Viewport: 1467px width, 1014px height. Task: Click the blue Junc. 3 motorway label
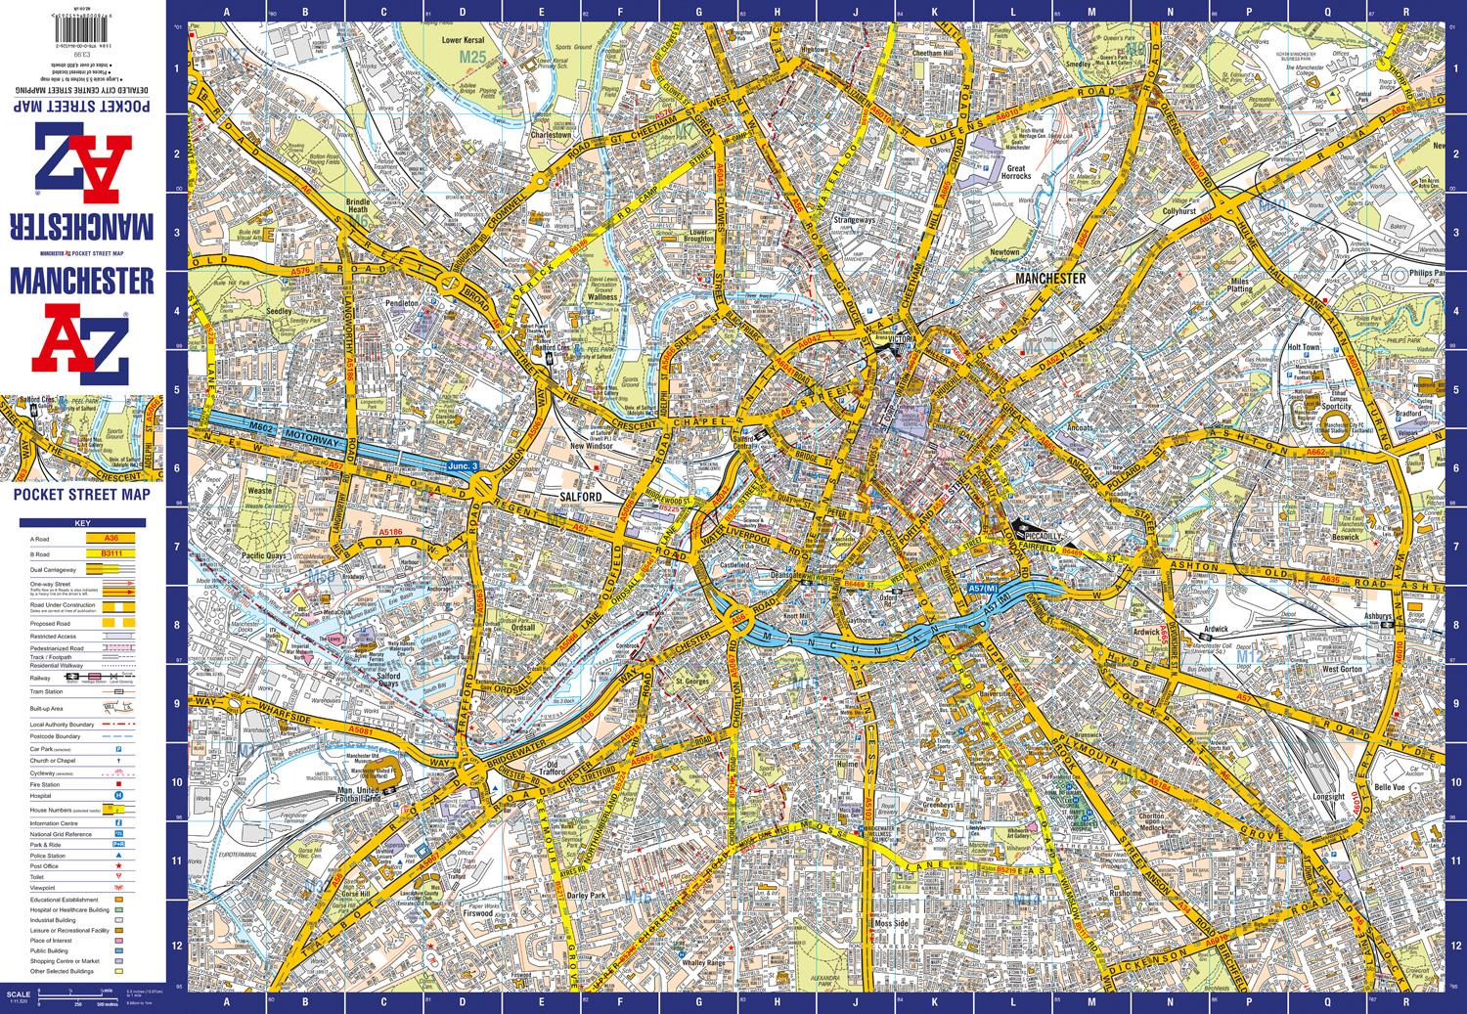click(463, 467)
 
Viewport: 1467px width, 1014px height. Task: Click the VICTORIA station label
click(902, 339)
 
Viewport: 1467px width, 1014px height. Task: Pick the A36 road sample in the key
click(101, 538)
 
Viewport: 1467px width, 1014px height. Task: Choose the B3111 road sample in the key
click(101, 553)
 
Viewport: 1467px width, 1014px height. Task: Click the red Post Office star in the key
click(118, 865)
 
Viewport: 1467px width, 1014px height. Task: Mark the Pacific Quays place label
click(260, 555)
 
